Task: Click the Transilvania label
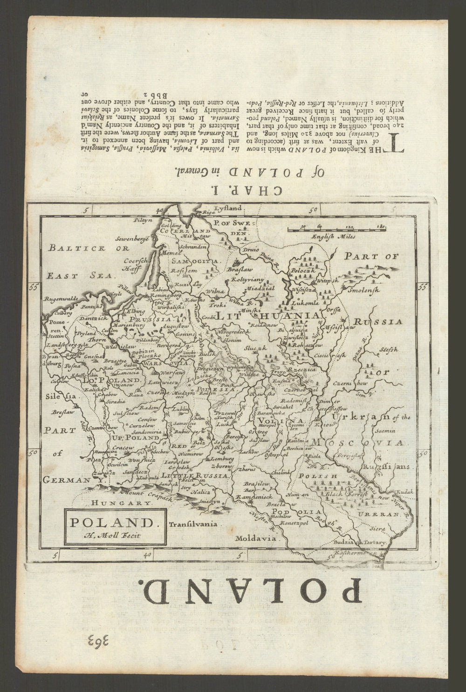coord(193,524)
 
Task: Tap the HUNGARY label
coord(121,503)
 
